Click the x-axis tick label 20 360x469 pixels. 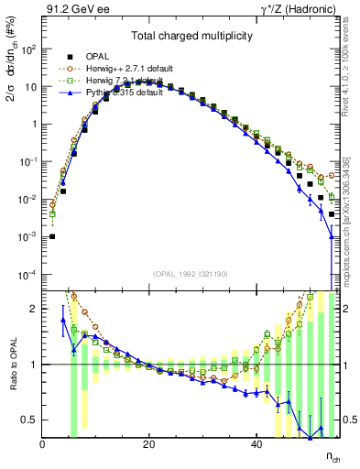tap(149, 445)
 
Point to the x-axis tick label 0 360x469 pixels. tap(43, 445)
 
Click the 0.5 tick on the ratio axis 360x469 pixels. tap(30, 420)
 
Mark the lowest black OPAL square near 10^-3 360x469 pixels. tap(52, 236)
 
